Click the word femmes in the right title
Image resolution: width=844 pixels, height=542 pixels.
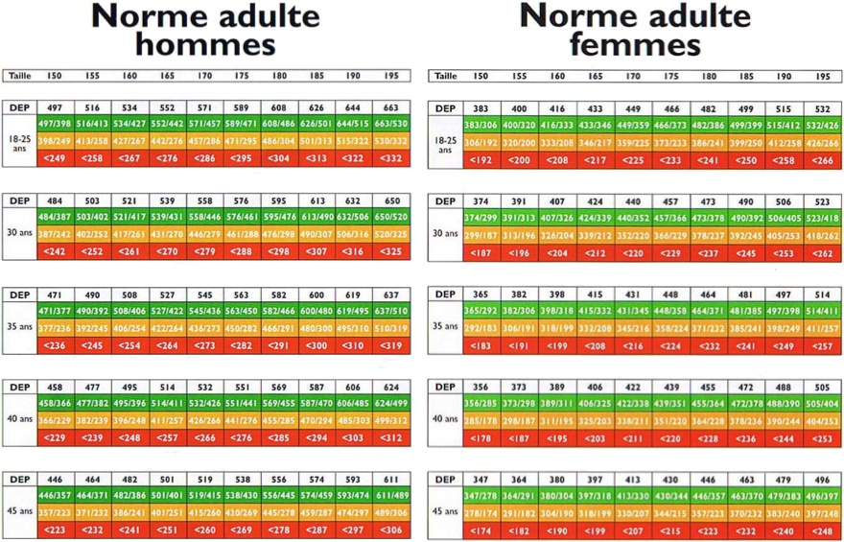(634, 44)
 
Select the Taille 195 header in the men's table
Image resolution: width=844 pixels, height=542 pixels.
(391, 76)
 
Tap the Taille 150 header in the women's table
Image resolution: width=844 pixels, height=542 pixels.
(481, 76)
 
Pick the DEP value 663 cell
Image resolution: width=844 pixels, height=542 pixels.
(391, 108)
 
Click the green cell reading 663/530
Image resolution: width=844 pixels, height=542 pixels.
(391, 125)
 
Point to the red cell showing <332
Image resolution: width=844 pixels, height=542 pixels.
(391, 157)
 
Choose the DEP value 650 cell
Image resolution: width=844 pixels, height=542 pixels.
(391, 201)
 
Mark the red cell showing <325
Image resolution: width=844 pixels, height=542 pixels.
(391, 250)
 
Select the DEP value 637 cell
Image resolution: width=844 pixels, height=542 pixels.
(391, 295)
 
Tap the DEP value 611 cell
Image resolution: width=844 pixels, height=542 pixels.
(391, 480)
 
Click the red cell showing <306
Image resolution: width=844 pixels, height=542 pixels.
(391, 530)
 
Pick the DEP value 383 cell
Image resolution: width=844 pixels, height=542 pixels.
(481, 108)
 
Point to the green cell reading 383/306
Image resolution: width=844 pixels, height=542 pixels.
(481, 125)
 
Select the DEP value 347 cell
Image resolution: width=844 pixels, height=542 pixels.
(481, 480)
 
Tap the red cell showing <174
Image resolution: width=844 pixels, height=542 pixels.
(481, 530)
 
